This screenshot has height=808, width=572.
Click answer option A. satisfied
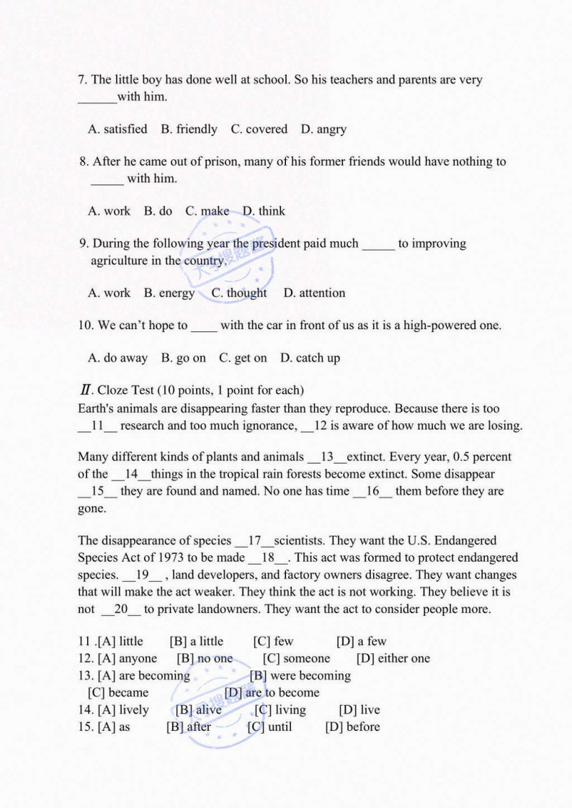(117, 130)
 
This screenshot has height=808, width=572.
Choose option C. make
(207, 211)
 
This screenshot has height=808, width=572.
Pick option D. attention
(314, 293)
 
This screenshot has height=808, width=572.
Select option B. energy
(169, 293)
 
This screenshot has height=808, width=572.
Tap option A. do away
(117, 358)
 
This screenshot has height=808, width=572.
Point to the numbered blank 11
(98, 426)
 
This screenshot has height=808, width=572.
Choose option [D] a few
(361, 642)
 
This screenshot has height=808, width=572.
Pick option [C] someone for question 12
(296, 658)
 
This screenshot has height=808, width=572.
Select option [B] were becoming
(300, 675)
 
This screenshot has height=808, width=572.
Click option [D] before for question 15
(352, 727)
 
